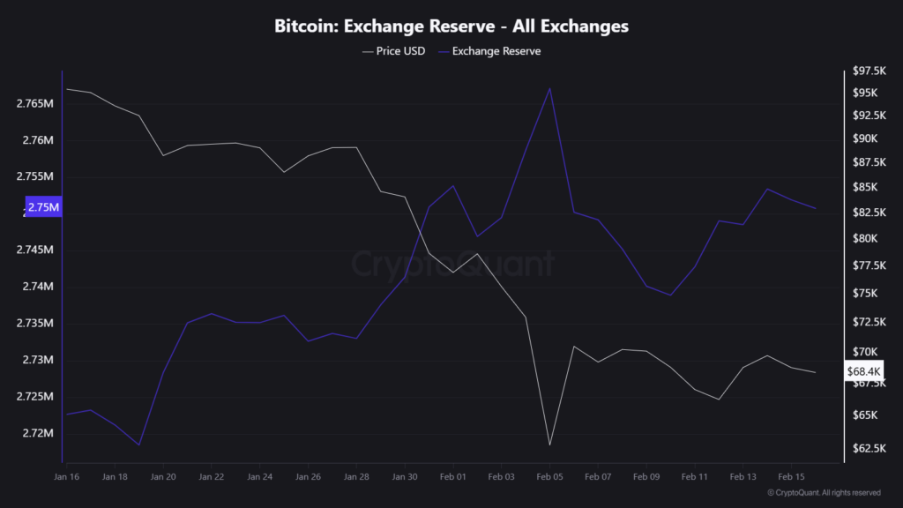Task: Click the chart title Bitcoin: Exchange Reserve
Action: (x=451, y=26)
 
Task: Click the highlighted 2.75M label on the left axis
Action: (x=43, y=207)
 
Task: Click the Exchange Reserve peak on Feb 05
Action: (x=550, y=88)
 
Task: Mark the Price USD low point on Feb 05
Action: (x=549, y=444)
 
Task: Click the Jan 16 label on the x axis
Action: (x=67, y=476)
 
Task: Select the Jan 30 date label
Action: (x=405, y=476)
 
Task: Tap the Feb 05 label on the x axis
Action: (x=549, y=476)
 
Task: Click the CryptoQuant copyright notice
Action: (x=824, y=493)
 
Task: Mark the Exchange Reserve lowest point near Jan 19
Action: (x=139, y=444)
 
